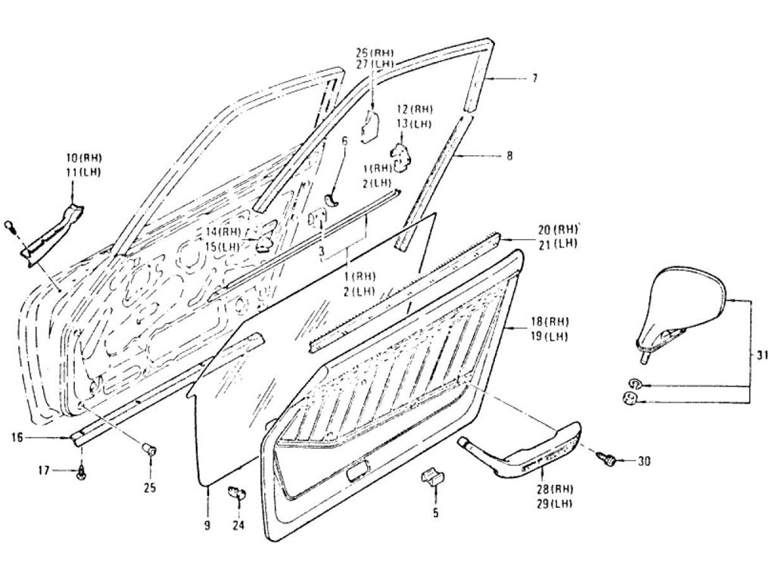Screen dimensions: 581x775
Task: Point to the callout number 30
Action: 644,460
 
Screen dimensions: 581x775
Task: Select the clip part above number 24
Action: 236,494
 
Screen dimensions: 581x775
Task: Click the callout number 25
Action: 150,488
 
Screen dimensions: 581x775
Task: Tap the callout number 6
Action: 344,141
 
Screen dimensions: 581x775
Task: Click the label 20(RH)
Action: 559,229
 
